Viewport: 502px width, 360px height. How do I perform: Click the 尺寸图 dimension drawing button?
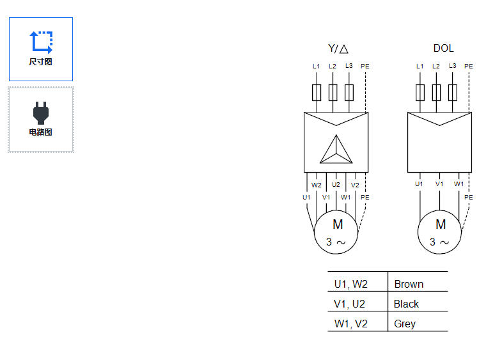click(40, 49)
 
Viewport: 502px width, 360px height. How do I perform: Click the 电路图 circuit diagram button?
click(40, 120)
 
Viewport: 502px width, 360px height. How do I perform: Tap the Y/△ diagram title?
click(338, 49)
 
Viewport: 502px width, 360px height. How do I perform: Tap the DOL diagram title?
click(443, 49)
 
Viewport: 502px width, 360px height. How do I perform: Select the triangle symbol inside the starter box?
click(336, 150)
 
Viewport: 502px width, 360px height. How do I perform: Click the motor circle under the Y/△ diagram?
click(336, 232)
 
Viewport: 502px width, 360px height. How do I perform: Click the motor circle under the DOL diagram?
click(440, 232)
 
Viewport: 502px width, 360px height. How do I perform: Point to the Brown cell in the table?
click(409, 284)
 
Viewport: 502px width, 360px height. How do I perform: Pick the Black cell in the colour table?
click(407, 304)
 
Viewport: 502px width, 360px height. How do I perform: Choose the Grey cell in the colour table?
click(405, 324)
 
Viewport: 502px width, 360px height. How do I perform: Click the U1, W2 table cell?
click(351, 284)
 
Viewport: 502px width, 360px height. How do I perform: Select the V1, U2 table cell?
click(350, 304)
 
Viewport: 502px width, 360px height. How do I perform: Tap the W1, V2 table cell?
click(351, 324)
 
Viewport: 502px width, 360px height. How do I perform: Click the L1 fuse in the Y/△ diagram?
click(316, 93)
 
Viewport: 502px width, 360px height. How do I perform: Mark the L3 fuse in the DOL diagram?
click(453, 93)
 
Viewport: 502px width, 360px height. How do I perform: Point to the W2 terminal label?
click(317, 185)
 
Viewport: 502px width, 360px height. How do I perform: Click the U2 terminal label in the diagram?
click(336, 185)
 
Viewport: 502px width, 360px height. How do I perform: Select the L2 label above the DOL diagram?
click(436, 66)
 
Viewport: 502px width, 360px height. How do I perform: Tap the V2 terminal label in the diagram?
click(355, 185)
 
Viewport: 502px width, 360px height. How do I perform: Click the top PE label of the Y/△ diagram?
click(365, 66)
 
